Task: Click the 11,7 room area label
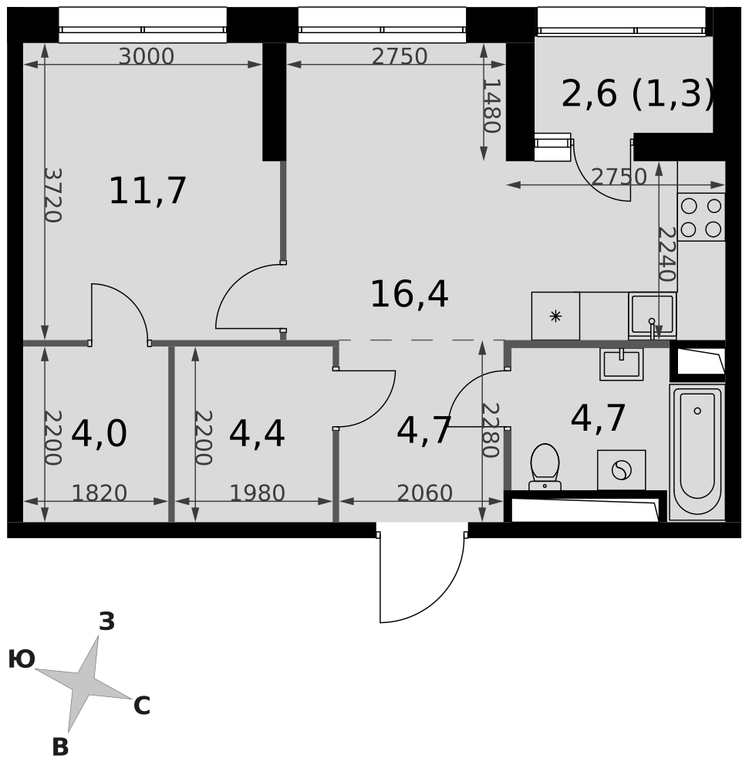tap(147, 191)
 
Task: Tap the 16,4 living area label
tap(409, 294)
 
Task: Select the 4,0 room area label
tap(100, 434)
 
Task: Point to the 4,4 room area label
tap(257, 434)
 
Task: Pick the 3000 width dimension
tap(147, 56)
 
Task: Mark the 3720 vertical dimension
tap(52, 195)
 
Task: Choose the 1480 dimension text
tap(491, 106)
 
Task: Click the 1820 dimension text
tap(100, 493)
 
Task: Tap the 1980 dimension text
tap(257, 493)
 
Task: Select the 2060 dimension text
tap(424, 493)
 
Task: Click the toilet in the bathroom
tap(545, 467)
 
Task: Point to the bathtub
tap(697, 452)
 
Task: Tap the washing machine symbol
tap(621, 469)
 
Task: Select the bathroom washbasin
tap(621, 364)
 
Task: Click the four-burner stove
tap(701, 217)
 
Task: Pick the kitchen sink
tap(652, 316)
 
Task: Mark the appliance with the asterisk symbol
tap(555, 316)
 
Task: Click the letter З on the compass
tap(107, 621)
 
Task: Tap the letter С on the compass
tap(142, 706)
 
